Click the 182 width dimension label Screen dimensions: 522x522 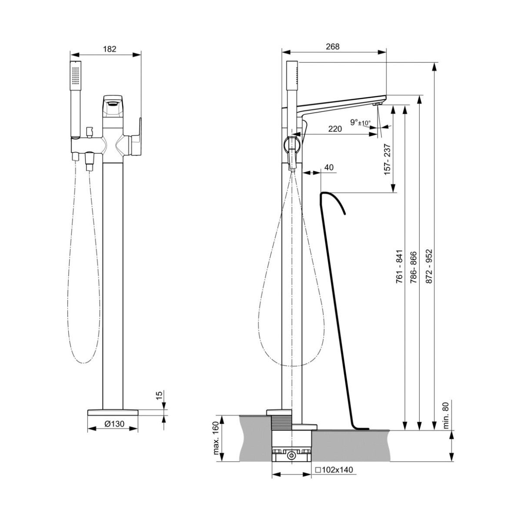click(x=110, y=49)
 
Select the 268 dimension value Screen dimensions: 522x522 click(x=332, y=47)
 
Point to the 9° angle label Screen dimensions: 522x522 click(x=354, y=123)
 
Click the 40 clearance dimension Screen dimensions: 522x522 click(x=329, y=167)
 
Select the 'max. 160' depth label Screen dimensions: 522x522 click(x=216, y=438)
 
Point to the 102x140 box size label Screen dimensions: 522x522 click(x=334, y=470)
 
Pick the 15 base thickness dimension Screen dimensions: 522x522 click(x=159, y=395)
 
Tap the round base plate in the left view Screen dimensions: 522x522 click(x=113, y=412)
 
